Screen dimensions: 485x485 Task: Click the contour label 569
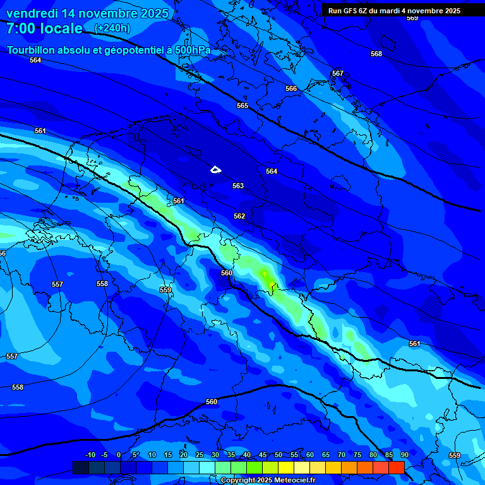(x=412, y=18)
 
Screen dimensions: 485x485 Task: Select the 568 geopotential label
(x=376, y=54)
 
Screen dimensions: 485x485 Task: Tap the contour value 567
(x=338, y=74)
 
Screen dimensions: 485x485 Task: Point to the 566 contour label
(x=291, y=89)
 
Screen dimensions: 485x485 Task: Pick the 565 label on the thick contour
(x=242, y=105)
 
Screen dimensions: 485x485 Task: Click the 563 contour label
(x=238, y=186)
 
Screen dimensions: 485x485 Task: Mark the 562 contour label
(x=239, y=216)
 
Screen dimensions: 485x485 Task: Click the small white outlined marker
(x=216, y=169)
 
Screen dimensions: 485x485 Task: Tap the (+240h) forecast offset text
(x=112, y=28)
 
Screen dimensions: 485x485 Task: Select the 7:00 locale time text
(x=44, y=28)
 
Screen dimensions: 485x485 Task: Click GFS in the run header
(x=350, y=11)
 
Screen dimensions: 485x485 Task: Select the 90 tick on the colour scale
(x=404, y=455)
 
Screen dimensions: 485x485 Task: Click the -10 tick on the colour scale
(x=90, y=455)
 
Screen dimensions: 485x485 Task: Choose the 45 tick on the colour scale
(x=263, y=455)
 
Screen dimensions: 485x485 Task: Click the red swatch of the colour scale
(x=396, y=467)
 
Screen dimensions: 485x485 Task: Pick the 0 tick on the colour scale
(x=119, y=455)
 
